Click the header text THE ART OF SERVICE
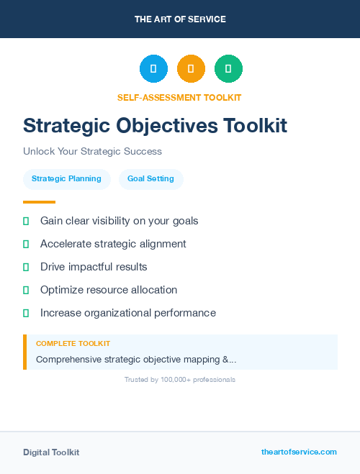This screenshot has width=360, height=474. point(180,19)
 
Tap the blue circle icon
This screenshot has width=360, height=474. point(153,69)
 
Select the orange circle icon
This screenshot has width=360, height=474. point(191,69)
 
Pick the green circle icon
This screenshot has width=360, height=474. point(228,69)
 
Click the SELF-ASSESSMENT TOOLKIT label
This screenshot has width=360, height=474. point(180,97)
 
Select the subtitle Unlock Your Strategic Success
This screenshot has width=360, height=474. point(92,152)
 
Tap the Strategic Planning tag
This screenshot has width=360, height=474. point(66,178)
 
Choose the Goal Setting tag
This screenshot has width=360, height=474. point(150,178)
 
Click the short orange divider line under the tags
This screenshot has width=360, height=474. point(39,202)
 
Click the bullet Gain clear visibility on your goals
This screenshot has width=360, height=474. point(119,221)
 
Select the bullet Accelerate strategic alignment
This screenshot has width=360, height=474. point(113,244)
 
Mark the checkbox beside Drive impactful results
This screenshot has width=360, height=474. point(26,267)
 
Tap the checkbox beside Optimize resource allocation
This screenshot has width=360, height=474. point(26,290)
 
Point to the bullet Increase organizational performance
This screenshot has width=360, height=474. point(127,313)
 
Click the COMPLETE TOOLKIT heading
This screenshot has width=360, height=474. point(73,344)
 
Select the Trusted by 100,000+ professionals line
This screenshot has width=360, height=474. point(180,379)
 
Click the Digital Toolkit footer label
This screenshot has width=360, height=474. point(51,452)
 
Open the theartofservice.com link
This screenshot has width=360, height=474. point(299,452)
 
